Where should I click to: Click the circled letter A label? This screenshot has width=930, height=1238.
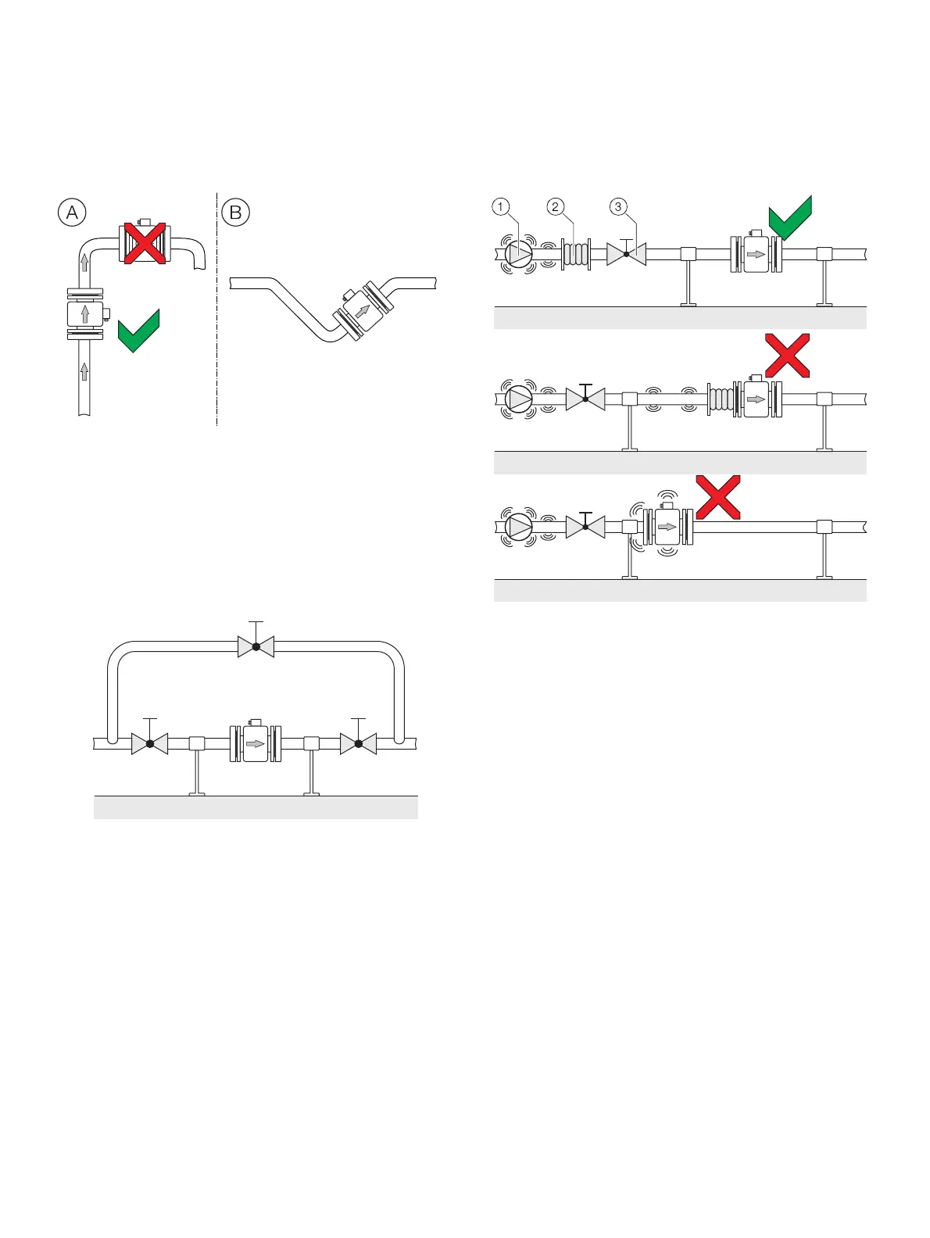pos(72,213)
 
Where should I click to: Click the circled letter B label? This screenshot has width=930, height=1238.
pos(235,213)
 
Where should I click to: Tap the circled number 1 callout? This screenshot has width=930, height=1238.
pos(501,207)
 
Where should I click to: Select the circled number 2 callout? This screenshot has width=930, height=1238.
pos(556,207)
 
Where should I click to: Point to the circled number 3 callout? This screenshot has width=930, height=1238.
pos(618,207)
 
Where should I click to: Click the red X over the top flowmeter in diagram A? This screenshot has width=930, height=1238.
pos(145,243)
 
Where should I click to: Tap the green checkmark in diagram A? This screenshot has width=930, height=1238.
pos(138,331)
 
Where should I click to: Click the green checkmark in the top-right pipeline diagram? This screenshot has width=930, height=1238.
pos(790,218)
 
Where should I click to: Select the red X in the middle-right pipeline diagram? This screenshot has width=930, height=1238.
pos(787,356)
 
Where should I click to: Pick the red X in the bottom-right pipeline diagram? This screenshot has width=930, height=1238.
pos(718,497)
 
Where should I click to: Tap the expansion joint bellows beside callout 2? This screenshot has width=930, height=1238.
pos(575,255)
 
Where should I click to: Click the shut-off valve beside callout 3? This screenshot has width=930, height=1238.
pos(626,254)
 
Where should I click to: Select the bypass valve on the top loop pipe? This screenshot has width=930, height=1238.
pos(256,646)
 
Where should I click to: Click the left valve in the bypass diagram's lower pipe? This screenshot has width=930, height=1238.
pos(149,743)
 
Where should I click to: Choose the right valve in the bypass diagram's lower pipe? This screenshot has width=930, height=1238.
pos(358,743)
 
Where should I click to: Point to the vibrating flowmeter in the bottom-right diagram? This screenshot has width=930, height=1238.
pos(666,527)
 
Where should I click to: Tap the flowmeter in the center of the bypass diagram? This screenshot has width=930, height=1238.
pos(255,743)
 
